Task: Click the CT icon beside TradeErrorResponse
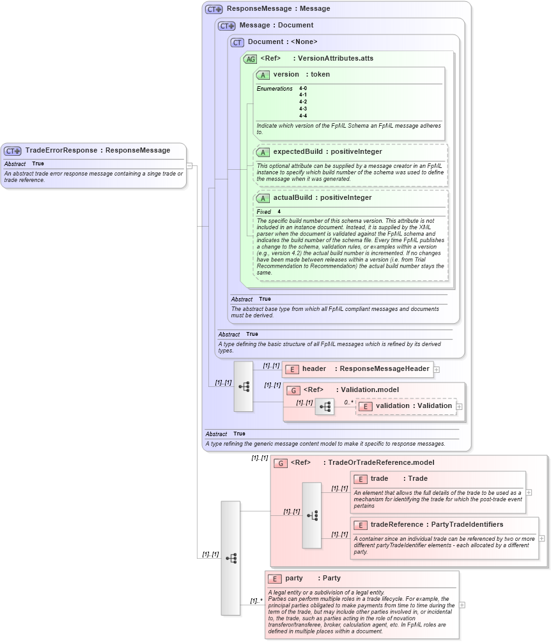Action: (13, 151)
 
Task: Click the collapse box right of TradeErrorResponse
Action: (189, 167)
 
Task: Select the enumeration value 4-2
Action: (303, 102)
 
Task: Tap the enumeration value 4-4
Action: (303, 116)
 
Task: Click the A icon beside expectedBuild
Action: (262, 152)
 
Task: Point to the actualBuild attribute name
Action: (295, 198)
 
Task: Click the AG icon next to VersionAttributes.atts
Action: (250, 59)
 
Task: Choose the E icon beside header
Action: (291, 369)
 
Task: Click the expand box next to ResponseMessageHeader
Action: (437, 369)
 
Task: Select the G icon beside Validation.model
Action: (293, 390)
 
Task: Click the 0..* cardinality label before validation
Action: (348, 402)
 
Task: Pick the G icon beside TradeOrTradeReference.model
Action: (280, 463)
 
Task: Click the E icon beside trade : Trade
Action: (360, 479)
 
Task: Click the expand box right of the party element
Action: (462, 605)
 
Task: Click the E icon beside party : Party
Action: (275, 579)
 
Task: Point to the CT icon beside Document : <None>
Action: (237, 42)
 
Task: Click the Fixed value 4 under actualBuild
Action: (279, 211)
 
